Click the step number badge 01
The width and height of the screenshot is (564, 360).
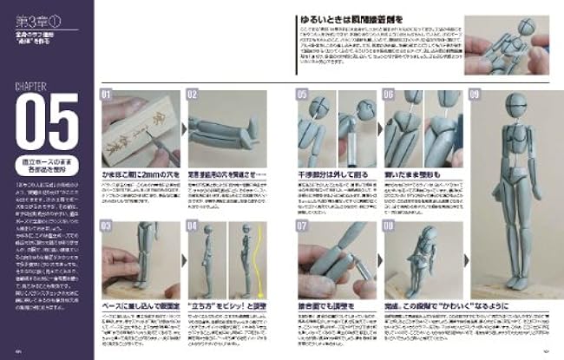click(107, 95)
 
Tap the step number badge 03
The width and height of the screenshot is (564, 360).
click(107, 226)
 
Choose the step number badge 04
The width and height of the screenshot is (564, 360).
click(193, 226)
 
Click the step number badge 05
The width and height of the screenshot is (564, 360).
click(301, 95)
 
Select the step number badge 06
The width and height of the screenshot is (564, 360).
click(388, 95)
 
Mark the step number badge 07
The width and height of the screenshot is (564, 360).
click(301, 226)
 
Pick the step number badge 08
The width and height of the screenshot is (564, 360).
click(388, 226)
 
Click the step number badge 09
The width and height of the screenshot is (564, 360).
click(475, 95)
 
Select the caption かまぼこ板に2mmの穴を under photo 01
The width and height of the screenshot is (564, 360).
click(139, 175)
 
